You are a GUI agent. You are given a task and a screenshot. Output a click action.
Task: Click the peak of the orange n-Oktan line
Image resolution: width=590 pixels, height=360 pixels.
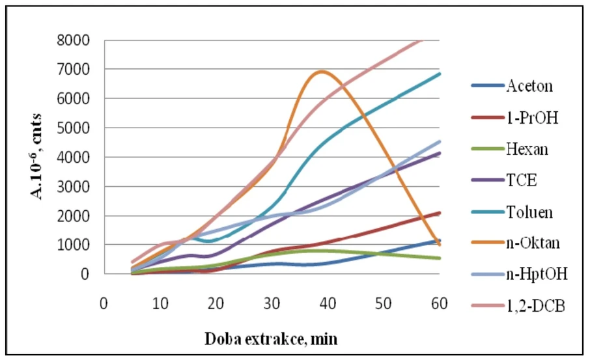[321, 72]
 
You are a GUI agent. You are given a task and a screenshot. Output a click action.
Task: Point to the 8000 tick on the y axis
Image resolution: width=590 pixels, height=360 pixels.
[76, 40]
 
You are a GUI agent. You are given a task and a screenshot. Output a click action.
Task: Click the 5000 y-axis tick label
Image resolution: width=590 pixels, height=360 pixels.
[76, 128]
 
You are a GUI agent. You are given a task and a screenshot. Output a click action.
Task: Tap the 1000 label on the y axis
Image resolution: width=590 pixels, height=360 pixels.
[76, 245]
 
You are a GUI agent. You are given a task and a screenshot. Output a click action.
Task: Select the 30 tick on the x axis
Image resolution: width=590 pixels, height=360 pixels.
[272, 304]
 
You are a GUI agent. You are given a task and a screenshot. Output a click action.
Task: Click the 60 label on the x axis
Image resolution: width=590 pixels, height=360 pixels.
[440, 304]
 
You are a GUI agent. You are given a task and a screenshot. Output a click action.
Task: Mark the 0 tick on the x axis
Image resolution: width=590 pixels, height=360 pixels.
[103, 304]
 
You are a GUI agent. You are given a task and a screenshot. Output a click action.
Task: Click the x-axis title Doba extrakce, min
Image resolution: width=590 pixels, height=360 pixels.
[271, 339]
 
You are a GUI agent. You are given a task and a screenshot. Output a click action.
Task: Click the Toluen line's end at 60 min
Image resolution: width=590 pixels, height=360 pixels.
[440, 74]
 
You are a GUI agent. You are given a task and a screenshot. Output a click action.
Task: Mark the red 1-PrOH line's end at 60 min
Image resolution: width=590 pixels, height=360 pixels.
[440, 213]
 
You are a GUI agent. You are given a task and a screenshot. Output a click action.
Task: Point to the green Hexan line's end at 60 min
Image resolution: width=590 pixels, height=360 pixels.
[440, 258]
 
